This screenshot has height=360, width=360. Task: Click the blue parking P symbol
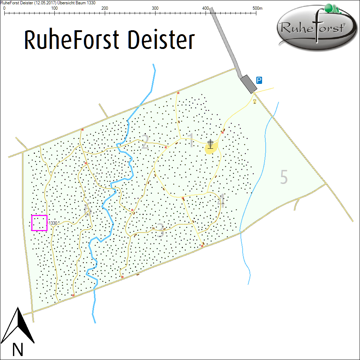(x=259, y=80)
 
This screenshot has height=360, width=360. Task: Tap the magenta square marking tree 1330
(x=39, y=223)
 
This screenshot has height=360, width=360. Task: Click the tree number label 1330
(x=53, y=223)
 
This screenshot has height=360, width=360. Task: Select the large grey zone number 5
(x=284, y=177)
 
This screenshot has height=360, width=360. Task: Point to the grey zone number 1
(x=191, y=141)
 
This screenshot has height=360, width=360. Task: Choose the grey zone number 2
(x=145, y=142)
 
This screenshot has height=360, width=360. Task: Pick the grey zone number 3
(x=160, y=231)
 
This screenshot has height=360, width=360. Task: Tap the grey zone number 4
(x=221, y=202)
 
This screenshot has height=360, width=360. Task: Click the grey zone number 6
(x=87, y=210)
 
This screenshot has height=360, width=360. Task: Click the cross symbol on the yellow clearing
(x=210, y=144)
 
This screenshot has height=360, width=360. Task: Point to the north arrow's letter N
(x=18, y=349)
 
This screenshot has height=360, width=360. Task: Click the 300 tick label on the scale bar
(x=155, y=8)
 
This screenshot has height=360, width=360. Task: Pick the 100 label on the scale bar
(x=54, y=8)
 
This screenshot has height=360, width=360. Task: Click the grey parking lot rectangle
(x=249, y=84)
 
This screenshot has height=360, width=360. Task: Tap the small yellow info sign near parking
(x=255, y=102)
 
